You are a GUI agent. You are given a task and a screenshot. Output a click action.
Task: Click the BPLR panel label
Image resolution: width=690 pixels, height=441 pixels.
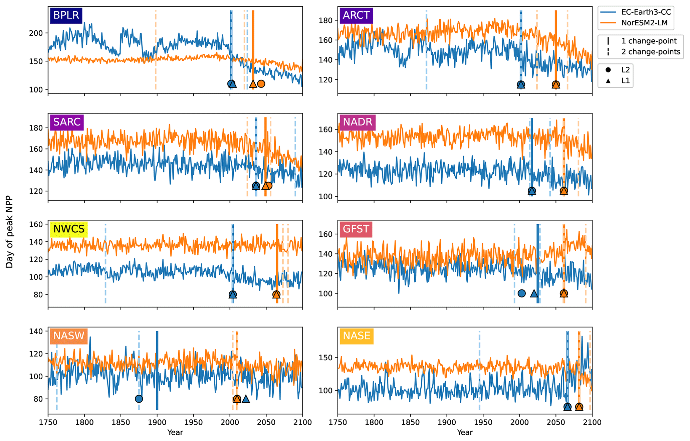pos(66,15)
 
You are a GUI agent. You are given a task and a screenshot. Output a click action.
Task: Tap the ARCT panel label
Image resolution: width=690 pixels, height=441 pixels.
pos(356,15)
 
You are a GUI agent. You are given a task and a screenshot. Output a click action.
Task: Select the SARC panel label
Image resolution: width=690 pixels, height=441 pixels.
pos(67,122)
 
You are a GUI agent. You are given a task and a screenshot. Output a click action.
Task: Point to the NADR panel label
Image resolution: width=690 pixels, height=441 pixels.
pos(358,122)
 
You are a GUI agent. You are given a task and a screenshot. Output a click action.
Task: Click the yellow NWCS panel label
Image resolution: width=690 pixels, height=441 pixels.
pos(69,229)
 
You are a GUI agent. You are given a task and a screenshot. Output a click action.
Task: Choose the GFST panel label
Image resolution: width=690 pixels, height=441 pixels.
pos(356,229)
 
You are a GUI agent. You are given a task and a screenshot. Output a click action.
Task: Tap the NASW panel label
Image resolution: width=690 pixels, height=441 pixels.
pos(69,336)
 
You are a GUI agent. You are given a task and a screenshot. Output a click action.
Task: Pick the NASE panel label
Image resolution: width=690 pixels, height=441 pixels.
pos(357,336)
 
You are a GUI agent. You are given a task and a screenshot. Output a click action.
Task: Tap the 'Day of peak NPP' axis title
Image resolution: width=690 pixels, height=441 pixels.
pos(9,232)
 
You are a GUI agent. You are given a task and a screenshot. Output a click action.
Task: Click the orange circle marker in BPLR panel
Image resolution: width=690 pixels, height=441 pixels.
pos(261,83)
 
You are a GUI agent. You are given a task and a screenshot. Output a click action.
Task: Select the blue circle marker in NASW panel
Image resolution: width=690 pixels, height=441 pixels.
pos(139,399)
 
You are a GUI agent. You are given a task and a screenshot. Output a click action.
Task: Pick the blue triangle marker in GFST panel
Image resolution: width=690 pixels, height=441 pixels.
pos(534,293)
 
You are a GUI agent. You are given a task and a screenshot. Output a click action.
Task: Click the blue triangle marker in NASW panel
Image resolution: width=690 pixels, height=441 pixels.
pos(246,399)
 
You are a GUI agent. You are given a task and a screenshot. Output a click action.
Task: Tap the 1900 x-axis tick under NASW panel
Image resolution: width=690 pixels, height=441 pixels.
pos(157,422)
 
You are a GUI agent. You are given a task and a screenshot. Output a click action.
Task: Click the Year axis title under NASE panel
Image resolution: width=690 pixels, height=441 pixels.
pos(465,433)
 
